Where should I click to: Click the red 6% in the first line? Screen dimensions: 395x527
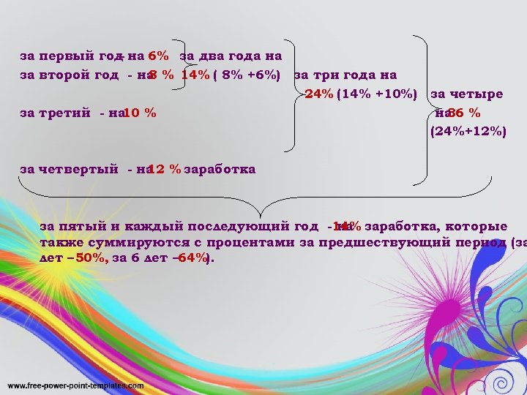159,56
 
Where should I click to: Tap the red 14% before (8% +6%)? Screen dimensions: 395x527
195,75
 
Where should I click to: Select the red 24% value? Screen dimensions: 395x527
318,94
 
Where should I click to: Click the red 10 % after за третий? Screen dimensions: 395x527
140,113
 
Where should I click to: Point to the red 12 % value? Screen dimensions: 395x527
165,170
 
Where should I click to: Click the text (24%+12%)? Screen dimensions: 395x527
468,132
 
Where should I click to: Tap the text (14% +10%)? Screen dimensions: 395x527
377,94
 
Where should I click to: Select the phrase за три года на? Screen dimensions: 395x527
345,75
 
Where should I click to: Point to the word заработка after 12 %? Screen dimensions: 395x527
220,170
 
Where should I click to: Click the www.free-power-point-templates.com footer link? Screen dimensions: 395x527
66,385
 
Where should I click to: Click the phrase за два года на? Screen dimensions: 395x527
231,56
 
